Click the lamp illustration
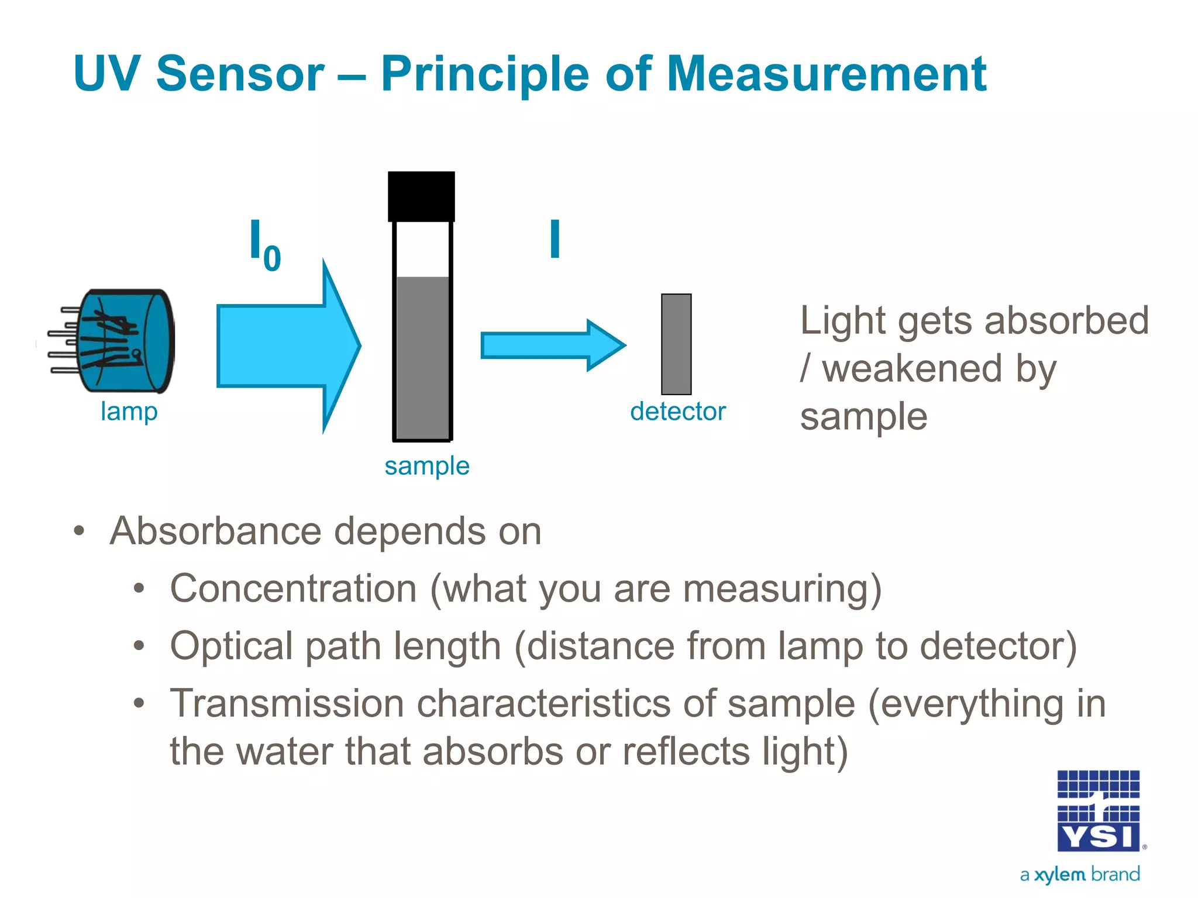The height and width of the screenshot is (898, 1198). pos(117,341)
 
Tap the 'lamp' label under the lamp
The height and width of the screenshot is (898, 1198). pos(129,412)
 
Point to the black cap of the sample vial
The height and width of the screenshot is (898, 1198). pos(421,196)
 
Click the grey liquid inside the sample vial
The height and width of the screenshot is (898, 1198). pos(422,357)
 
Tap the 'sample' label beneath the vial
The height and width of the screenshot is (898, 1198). pos(427,467)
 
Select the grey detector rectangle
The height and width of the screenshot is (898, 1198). pos(676,344)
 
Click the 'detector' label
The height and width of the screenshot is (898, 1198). pos(678,412)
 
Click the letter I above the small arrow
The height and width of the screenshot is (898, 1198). pos(555,239)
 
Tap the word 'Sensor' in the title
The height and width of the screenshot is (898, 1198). pos(240,74)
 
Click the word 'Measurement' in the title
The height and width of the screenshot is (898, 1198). pos(826,74)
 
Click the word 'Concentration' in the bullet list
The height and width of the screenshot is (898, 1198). pos(293,588)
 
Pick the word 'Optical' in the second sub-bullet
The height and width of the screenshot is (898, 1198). pos(231,646)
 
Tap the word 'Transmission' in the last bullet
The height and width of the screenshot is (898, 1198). pos(287,703)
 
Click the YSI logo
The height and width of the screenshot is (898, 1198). pos(1098,811)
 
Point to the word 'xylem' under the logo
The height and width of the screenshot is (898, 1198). pos(1059,875)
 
